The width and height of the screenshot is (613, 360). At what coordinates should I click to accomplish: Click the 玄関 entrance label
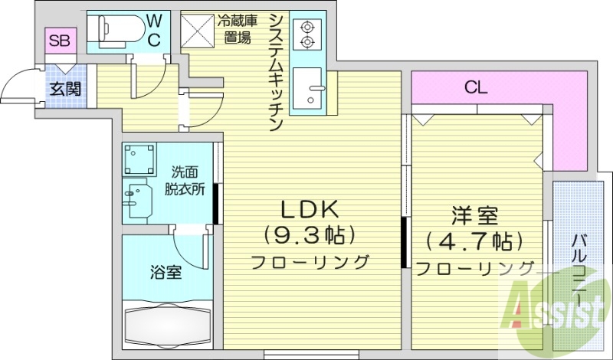point(64,88)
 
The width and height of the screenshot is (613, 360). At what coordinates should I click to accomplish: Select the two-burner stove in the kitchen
point(308,34)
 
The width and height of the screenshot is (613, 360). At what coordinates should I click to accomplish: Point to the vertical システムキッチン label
point(275,73)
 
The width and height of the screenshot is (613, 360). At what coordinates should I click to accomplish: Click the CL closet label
point(476,87)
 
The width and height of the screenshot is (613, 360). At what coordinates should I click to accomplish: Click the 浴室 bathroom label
point(166,271)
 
